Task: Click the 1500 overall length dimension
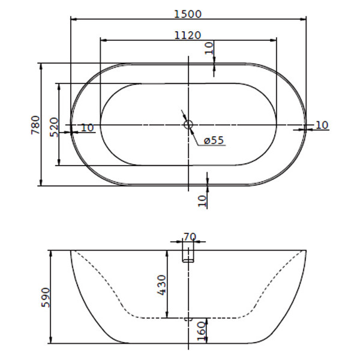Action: pyautogui.click(x=188, y=13)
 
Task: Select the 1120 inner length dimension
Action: pyautogui.click(x=188, y=35)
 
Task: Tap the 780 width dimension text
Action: pyautogui.click(x=35, y=125)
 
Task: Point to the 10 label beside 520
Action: pyautogui.click(x=87, y=127)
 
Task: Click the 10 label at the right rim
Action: pyautogui.click(x=322, y=125)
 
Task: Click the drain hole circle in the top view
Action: pyautogui.click(x=188, y=125)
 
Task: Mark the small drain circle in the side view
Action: pyautogui.click(x=188, y=319)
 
